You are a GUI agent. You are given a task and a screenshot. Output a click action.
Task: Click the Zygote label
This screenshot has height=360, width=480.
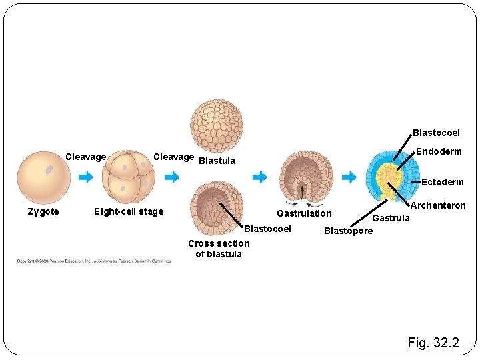[43, 212]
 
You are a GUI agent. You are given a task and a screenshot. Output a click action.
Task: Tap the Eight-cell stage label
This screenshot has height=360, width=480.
[129, 212]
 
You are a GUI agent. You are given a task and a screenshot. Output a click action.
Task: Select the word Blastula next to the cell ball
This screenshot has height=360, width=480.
[217, 161]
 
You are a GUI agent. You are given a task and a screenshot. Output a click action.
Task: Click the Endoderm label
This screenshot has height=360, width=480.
[439, 152]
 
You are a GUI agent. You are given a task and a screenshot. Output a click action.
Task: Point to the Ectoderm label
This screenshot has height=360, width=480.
[442, 182]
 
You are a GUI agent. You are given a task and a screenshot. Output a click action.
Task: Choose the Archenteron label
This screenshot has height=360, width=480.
[438, 206]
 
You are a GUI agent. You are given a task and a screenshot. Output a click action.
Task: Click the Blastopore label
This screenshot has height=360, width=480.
[348, 231]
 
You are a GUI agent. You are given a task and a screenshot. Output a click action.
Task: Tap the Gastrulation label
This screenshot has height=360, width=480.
[304, 213]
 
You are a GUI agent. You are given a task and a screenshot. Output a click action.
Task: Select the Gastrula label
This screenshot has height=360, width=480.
[391, 218]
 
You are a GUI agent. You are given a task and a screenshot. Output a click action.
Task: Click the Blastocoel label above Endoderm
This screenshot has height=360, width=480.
[436, 133]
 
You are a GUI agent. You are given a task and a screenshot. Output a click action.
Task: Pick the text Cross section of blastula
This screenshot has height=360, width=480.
[219, 249]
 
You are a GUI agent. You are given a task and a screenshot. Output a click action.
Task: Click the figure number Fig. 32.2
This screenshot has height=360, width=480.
[433, 343]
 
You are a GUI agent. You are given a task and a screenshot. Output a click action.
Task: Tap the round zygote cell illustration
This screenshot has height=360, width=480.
[44, 177]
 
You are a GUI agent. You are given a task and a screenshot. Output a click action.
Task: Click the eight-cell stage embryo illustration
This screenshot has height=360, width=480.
[129, 177]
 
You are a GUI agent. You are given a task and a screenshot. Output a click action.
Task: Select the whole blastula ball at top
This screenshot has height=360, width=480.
[217, 126]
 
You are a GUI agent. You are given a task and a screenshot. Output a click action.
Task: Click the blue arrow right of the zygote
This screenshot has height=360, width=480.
[86, 177]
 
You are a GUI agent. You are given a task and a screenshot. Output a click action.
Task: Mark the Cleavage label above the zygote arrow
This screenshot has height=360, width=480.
[86, 157]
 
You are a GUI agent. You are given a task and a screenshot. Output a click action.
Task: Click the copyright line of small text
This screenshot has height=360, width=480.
[93, 261]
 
